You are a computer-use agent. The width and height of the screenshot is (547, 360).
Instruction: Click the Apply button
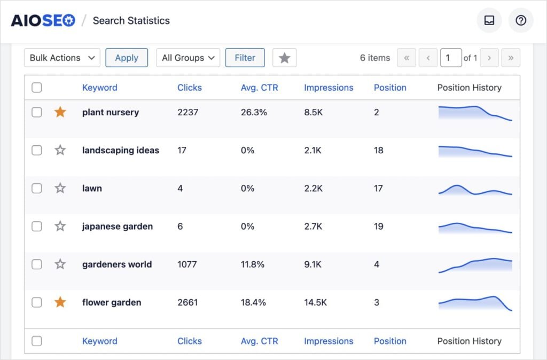click(127, 58)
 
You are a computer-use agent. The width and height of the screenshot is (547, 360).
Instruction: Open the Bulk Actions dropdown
click(62, 58)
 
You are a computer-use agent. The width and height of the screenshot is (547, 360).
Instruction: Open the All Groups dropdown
click(188, 58)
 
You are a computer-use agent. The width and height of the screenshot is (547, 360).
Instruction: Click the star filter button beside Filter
click(284, 58)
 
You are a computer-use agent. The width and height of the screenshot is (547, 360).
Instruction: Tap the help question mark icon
click(520, 20)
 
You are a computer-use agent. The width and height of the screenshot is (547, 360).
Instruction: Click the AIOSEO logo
click(43, 20)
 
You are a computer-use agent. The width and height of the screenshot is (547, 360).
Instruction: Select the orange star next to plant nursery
click(60, 112)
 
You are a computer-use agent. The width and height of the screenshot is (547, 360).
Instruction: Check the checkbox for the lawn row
click(36, 188)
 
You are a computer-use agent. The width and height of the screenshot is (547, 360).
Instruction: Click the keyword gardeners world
click(117, 264)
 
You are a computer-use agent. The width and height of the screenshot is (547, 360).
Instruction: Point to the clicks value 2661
click(187, 302)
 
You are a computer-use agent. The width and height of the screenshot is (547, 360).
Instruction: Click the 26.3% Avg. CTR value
click(254, 112)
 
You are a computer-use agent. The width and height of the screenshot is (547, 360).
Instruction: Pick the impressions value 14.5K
click(316, 302)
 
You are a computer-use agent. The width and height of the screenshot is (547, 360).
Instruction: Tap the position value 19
click(378, 226)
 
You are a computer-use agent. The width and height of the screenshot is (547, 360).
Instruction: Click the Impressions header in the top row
click(329, 88)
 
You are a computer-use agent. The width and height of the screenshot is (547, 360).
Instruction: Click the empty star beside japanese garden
click(60, 226)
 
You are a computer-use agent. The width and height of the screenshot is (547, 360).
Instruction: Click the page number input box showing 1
click(450, 58)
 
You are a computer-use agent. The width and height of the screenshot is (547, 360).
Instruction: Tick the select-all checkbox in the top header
click(36, 88)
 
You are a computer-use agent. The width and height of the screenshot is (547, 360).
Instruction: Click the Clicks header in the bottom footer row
click(190, 341)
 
